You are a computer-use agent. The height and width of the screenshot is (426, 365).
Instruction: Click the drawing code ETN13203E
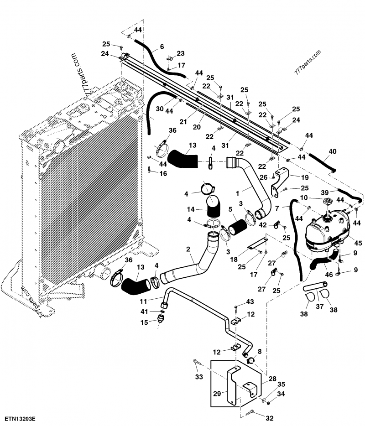pyautogui.click(x=21, y=418)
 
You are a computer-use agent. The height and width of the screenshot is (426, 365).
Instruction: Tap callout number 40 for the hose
pyautogui.click(x=332, y=151)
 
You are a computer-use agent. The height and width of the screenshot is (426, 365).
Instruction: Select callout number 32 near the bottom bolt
pyautogui.click(x=270, y=417)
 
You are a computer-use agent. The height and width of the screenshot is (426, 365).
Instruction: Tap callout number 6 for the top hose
pyautogui.click(x=162, y=47)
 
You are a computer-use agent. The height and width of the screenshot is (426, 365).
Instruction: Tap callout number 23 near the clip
pyautogui.click(x=181, y=53)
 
